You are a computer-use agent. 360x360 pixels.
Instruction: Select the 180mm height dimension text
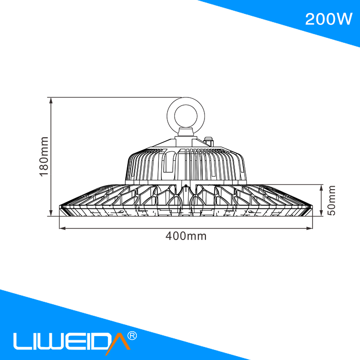(44, 156)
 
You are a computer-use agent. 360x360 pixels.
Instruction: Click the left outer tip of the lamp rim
(60, 207)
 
